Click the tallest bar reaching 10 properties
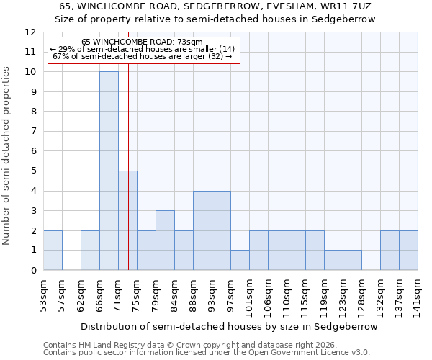coord(109,171)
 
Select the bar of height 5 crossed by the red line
coord(127,220)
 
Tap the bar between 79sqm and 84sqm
coord(165,240)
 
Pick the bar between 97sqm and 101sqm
coord(240,260)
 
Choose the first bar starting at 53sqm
coord(53,250)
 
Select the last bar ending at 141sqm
coord(408,250)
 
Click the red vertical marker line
coord(128,144)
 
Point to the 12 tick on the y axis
coord(30,32)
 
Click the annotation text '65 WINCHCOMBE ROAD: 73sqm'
coord(142,42)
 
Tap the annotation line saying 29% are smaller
coord(142,49)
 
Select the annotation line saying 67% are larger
coord(142,56)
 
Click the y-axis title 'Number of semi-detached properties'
coord(6,156)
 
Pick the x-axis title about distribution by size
coord(229,326)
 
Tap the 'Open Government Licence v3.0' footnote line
coord(206,353)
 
